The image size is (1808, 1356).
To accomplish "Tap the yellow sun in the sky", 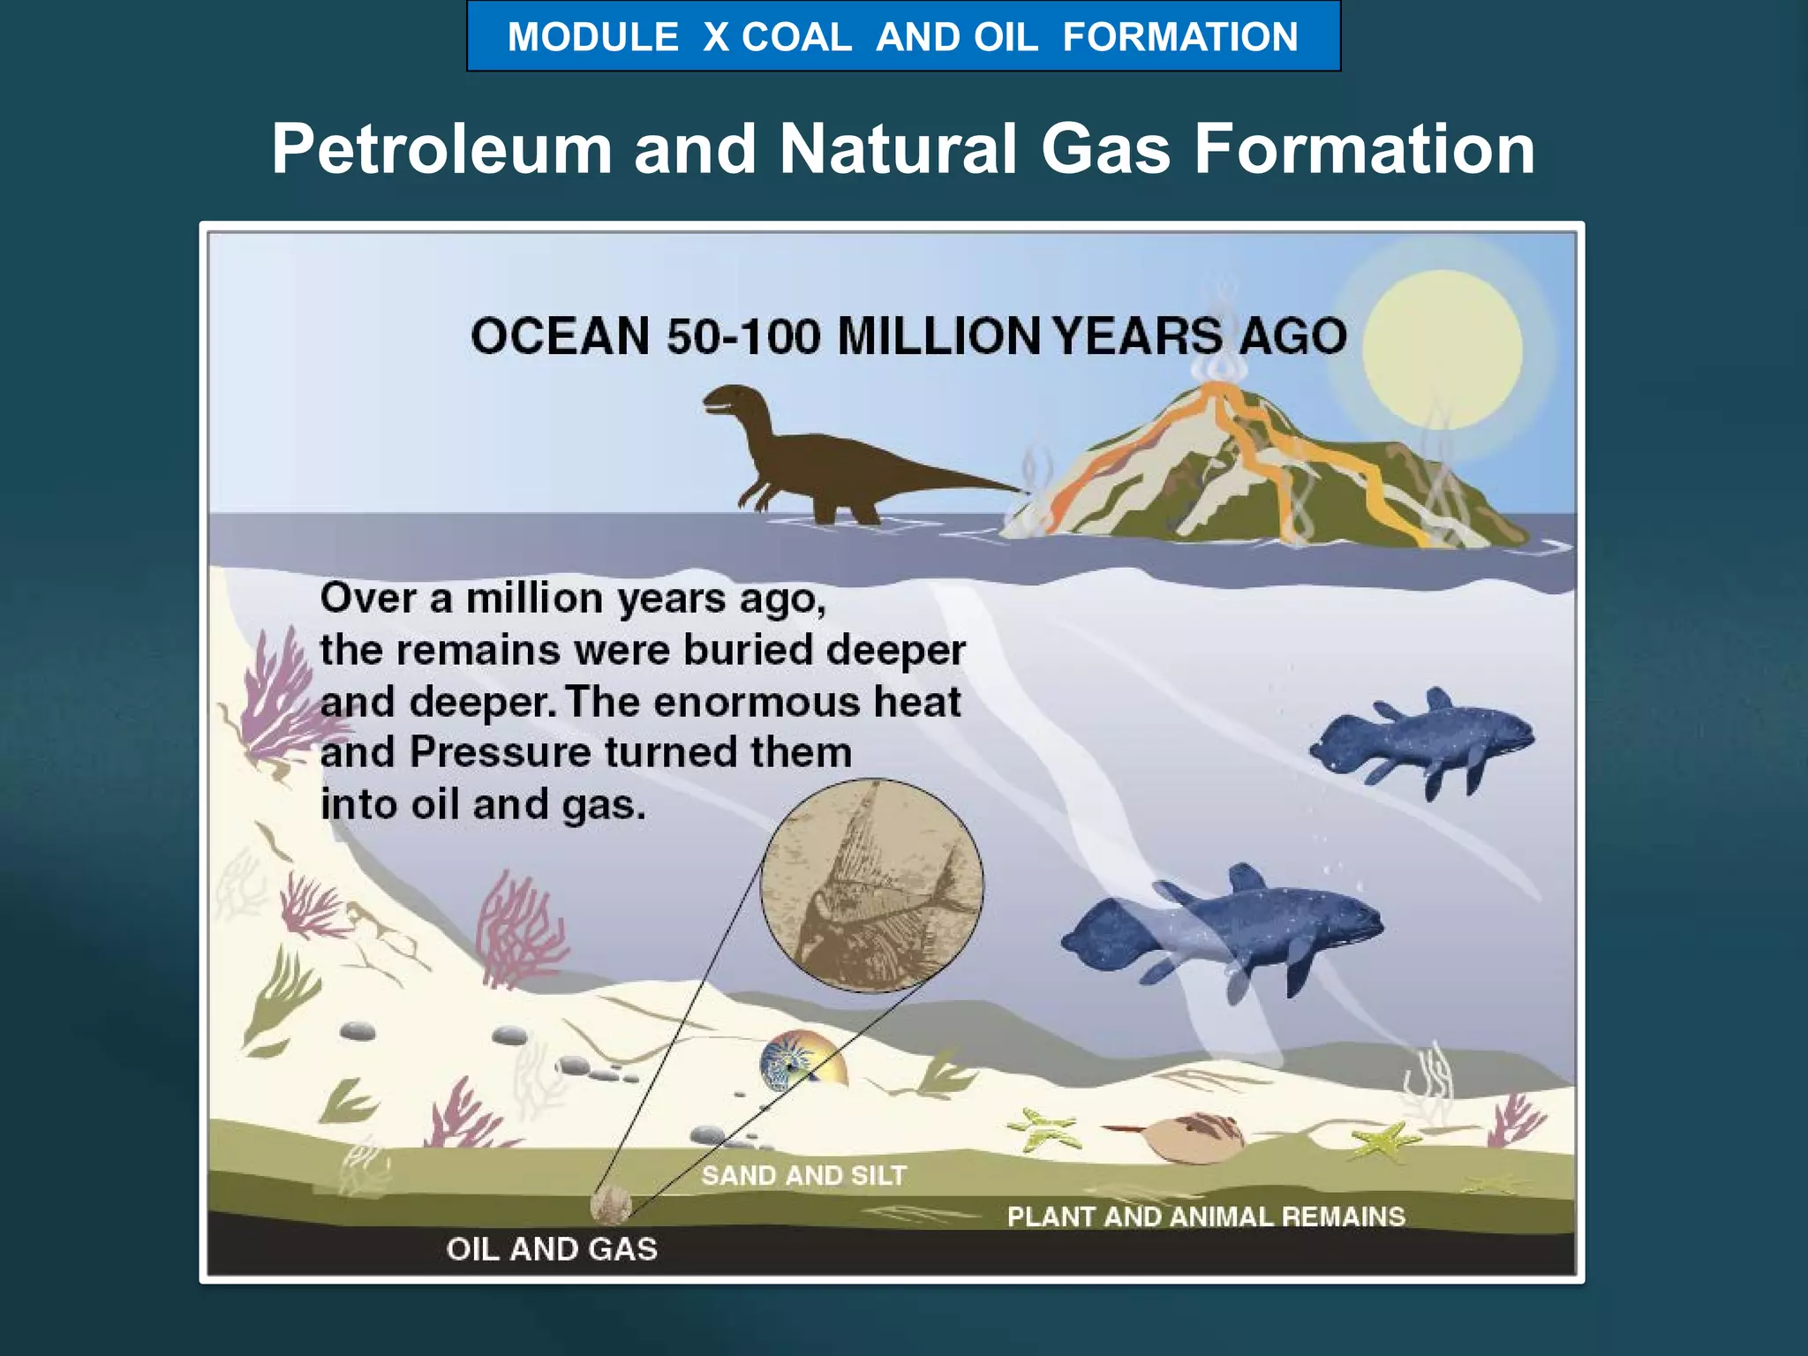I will click(1441, 350).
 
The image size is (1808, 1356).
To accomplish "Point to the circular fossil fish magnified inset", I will click(872, 885).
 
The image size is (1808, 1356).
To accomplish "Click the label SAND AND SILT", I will click(803, 1176).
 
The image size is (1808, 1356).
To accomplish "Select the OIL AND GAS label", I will click(552, 1249).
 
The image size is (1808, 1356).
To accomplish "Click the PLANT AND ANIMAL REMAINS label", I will click(1206, 1217).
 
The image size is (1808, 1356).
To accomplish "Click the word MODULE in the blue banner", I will click(592, 38).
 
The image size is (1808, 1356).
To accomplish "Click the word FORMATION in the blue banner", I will click(1180, 38).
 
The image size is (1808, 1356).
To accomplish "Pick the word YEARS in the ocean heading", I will click(1138, 337).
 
